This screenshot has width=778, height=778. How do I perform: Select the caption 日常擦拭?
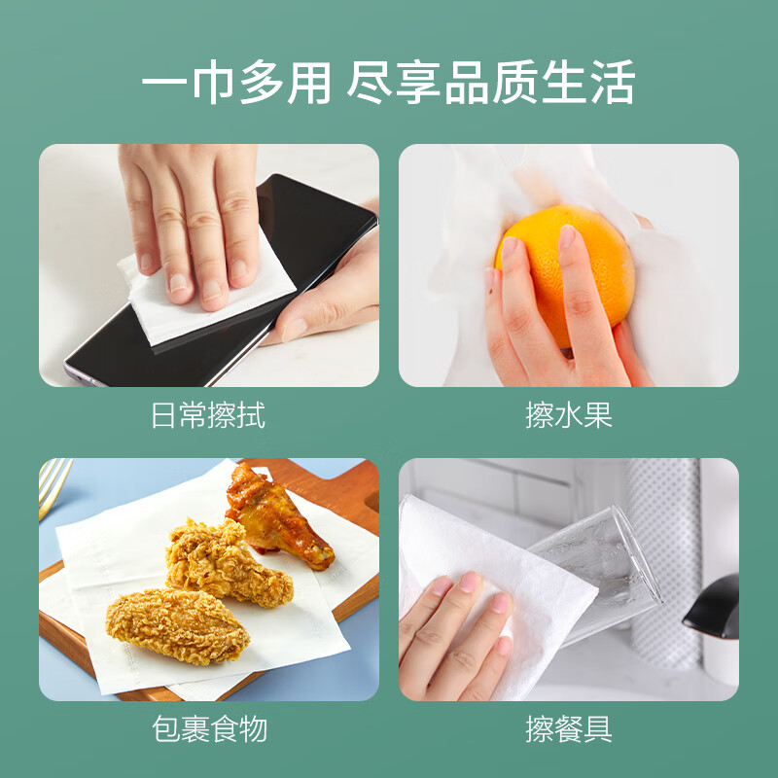[x=208, y=415]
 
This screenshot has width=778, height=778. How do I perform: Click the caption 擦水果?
[x=569, y=415]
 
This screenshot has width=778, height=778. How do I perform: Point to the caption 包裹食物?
[x=208, y=728]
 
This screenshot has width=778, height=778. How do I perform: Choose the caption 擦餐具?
[x=569, y=728]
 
